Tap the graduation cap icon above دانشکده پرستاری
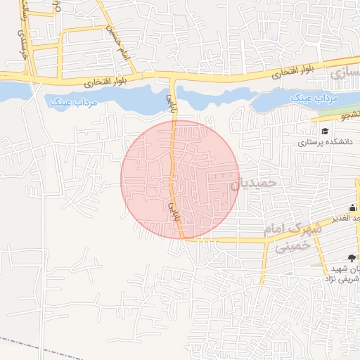click(x=325, y=131)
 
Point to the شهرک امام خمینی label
click(x=292, y=237)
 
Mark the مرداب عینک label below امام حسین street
click(x=74, y=102)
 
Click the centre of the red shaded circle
click(x=180, y=179)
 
